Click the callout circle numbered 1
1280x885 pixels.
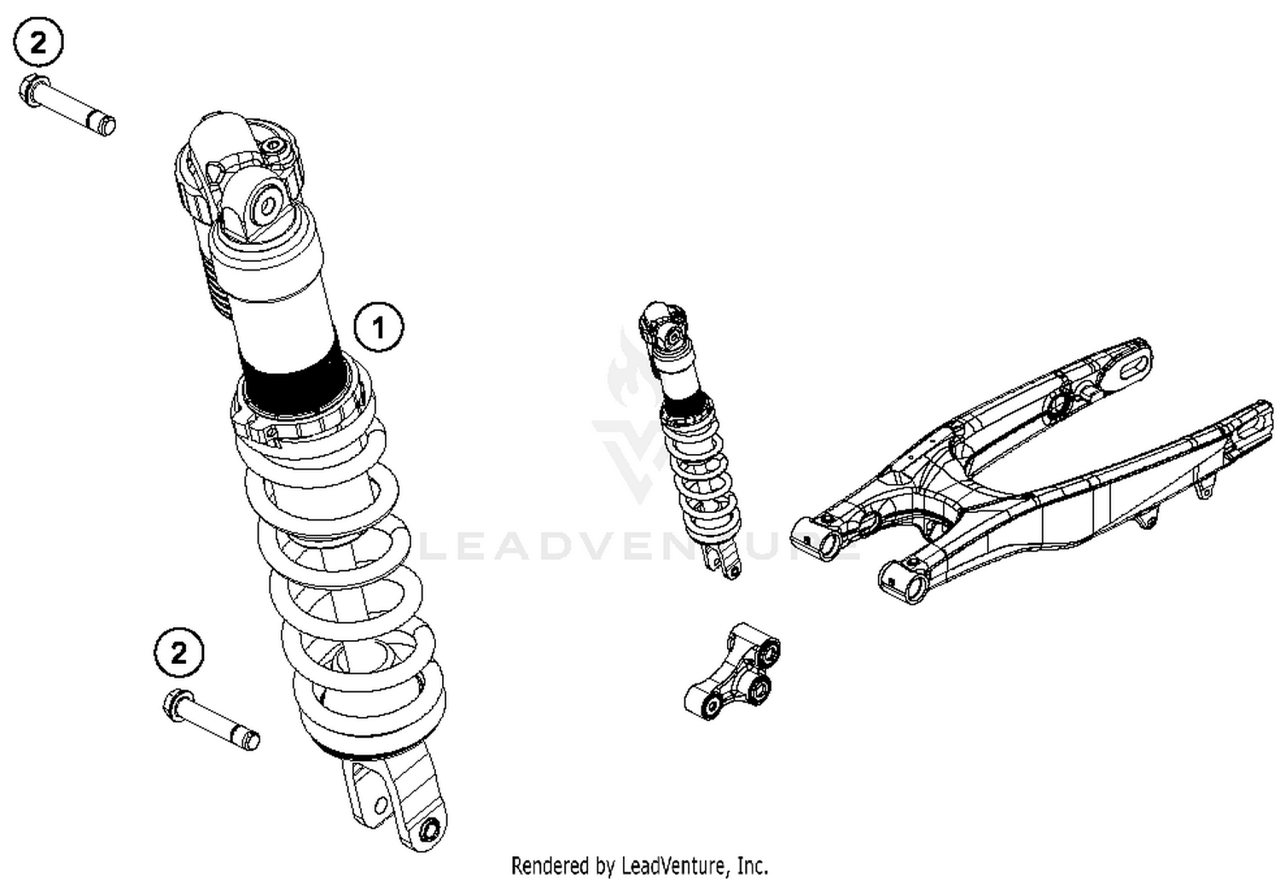coord(378,326)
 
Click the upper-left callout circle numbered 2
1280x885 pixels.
coord(38,43)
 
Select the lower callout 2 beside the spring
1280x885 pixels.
coord(179,653)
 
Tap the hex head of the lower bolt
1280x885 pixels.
coord(175,705)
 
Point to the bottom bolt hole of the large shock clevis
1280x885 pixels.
coord(431,827)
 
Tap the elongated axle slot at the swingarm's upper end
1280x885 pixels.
coord(1131,368)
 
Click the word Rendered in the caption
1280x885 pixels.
coord(546,865)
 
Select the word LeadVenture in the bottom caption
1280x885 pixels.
coord(673,865)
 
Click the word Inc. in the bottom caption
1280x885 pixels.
coord(753,865)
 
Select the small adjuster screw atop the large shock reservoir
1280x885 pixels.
coord(274,148)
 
